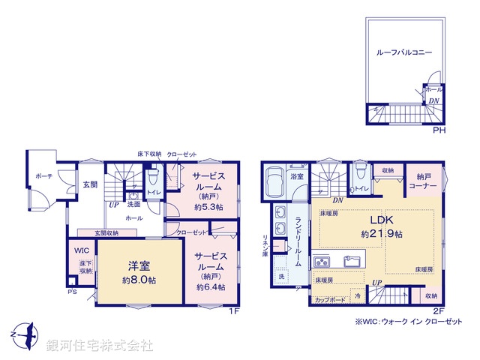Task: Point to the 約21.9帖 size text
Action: click(x=382, y=234)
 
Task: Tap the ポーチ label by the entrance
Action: click(x=43, y=176)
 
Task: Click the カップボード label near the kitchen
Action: click(x=330, y=299)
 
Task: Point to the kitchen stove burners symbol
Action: click(x=322, y=262)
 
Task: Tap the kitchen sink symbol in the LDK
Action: click(x=352, y=261)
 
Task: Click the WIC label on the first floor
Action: click(x=82, y=251)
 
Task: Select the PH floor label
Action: click(x=439, y=130)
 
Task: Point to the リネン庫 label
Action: click(x=265, y=244)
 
